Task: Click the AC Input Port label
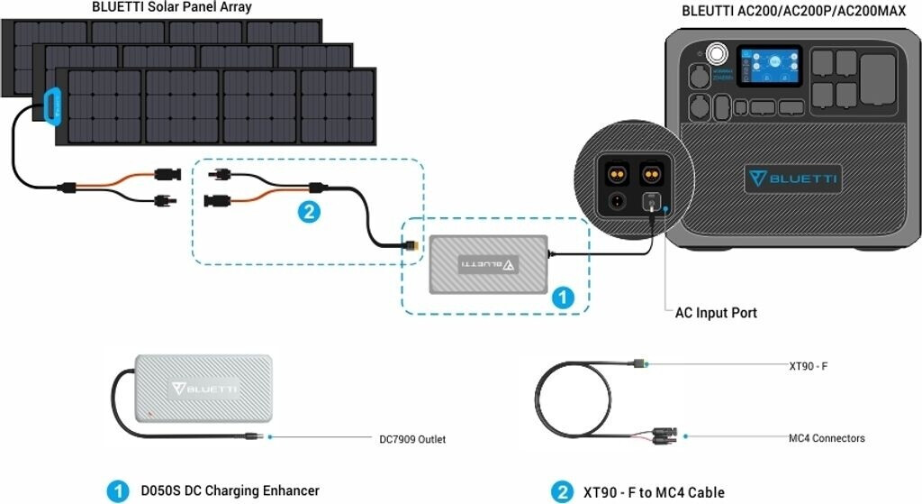tap(716, 313)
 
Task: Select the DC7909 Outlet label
tap(411, 440)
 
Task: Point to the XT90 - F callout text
tap(809, 366)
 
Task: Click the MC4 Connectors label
tap(826, 438)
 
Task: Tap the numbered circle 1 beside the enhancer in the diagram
tap(563, 298)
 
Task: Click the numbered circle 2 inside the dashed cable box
tap(307, 214)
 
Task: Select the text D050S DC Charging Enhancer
tap(230, 491)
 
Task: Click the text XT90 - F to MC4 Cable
tap(654, 492)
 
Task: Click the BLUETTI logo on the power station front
tap(792, 179)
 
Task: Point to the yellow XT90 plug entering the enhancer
tap(413, 244)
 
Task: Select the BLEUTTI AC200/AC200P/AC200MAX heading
tap(794, 11)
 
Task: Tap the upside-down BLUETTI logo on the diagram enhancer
tap(487, 264)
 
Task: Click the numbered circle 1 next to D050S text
tap(116, 491)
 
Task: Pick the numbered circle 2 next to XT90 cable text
tap(560, 492)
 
